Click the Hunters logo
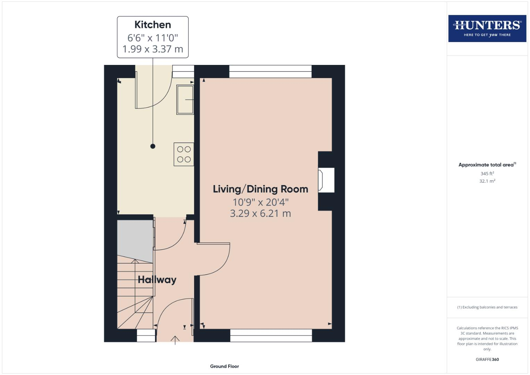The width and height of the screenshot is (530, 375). pos(487,28)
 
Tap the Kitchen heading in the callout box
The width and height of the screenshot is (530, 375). pos(153,25)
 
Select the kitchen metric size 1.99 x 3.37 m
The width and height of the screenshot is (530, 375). pos(153,49)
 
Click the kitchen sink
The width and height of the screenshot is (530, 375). pos(185,99)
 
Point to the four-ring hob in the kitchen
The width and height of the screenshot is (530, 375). pos(184,154)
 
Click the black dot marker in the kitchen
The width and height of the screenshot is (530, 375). pos(153,146)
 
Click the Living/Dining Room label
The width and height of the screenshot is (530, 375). pos(260,189)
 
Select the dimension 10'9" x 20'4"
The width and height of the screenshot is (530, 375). pos(260,202)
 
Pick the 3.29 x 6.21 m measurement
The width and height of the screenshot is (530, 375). pos(260,213)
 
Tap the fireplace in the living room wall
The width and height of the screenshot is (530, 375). pos(326,180)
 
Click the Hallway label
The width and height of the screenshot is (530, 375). pos(157,280)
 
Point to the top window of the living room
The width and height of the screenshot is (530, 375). pos(270,72)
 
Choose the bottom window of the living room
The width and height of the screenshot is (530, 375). pos(271,335)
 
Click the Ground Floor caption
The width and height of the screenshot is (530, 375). pos(225,366)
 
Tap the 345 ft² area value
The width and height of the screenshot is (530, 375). pos(487,173)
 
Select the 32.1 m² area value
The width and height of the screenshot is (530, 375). pos(487,181)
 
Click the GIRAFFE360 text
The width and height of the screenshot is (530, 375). pos(487,359)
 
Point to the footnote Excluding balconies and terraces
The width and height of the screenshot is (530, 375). pos(487,307)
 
